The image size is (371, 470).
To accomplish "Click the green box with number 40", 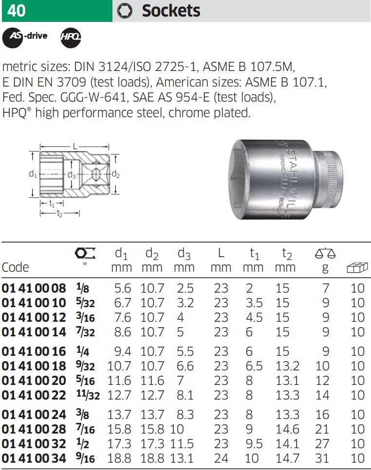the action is pyautogui.click(x=57, y=11).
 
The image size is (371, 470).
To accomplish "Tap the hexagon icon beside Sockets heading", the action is pyautogui.click(x=125, y=11).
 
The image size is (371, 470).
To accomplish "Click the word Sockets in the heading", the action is pyautogui.click(x=171, y=11).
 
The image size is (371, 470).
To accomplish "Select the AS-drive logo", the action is pyautogui.click(x=25, y=36).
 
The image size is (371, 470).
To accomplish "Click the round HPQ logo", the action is pyautogui.click(x=71, y=37).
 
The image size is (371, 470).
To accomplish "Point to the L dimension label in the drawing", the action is pyautogui.click(x=75, y=147).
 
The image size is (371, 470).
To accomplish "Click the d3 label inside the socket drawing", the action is pyautogui.click(x=72, y=175).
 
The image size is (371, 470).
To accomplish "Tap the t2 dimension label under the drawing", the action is pyautogui.click(x=59, y=213).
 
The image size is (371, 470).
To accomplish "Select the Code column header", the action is pyautogui.click(x=15, y=267).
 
